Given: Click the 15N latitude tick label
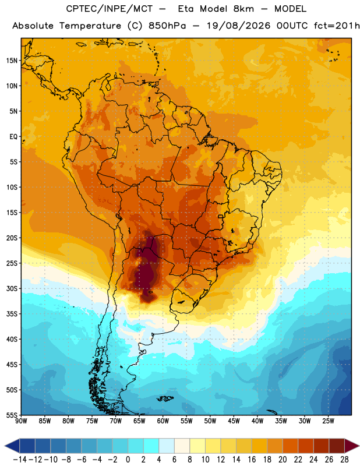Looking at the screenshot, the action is click(12, 61).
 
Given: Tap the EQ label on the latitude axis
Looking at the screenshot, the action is click(13, 137).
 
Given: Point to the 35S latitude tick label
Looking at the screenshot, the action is click(12, 314).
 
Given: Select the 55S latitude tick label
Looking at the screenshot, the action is click(12, 415).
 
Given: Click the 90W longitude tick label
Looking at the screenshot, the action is click(21, 421).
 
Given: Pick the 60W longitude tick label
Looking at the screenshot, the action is click(163, 421).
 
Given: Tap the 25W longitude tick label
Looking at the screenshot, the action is click(328, 421).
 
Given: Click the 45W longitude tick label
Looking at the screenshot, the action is click(234, 421).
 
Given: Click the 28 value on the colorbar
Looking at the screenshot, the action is click(344, 460).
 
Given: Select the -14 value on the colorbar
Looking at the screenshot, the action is click(20, 460).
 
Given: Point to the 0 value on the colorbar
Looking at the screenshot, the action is click(128, 460).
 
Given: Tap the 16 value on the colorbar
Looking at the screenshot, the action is click(252, 460).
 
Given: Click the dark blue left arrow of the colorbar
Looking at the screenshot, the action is click(12, 446).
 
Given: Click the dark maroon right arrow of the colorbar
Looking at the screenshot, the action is click(352, 446).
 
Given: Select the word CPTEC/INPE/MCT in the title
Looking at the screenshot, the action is click(110, 9).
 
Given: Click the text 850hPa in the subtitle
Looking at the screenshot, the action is click(167, 26).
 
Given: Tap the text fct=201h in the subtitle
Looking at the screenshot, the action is click(337, 26).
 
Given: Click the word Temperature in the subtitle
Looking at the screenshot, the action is click(90, 26).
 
